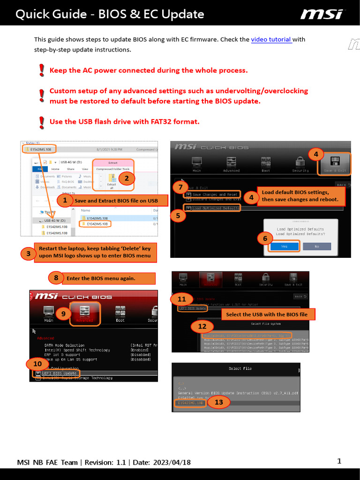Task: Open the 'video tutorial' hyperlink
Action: pos(271,40)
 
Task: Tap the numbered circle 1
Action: pos(64,201)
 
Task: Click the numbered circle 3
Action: pos(28,254)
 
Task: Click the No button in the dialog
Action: pos(316,246)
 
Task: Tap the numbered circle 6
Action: pos(265,239)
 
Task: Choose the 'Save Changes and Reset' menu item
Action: pos(215,194)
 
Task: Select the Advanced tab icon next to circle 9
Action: pos(85,313)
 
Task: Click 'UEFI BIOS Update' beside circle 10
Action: pos(59,373)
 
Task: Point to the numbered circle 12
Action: pos(202,326)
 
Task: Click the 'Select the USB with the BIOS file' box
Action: pos(267,315)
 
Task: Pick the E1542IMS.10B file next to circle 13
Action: pos(190,403)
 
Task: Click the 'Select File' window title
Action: pos(240,368)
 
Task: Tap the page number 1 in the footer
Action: pos(339,461)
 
